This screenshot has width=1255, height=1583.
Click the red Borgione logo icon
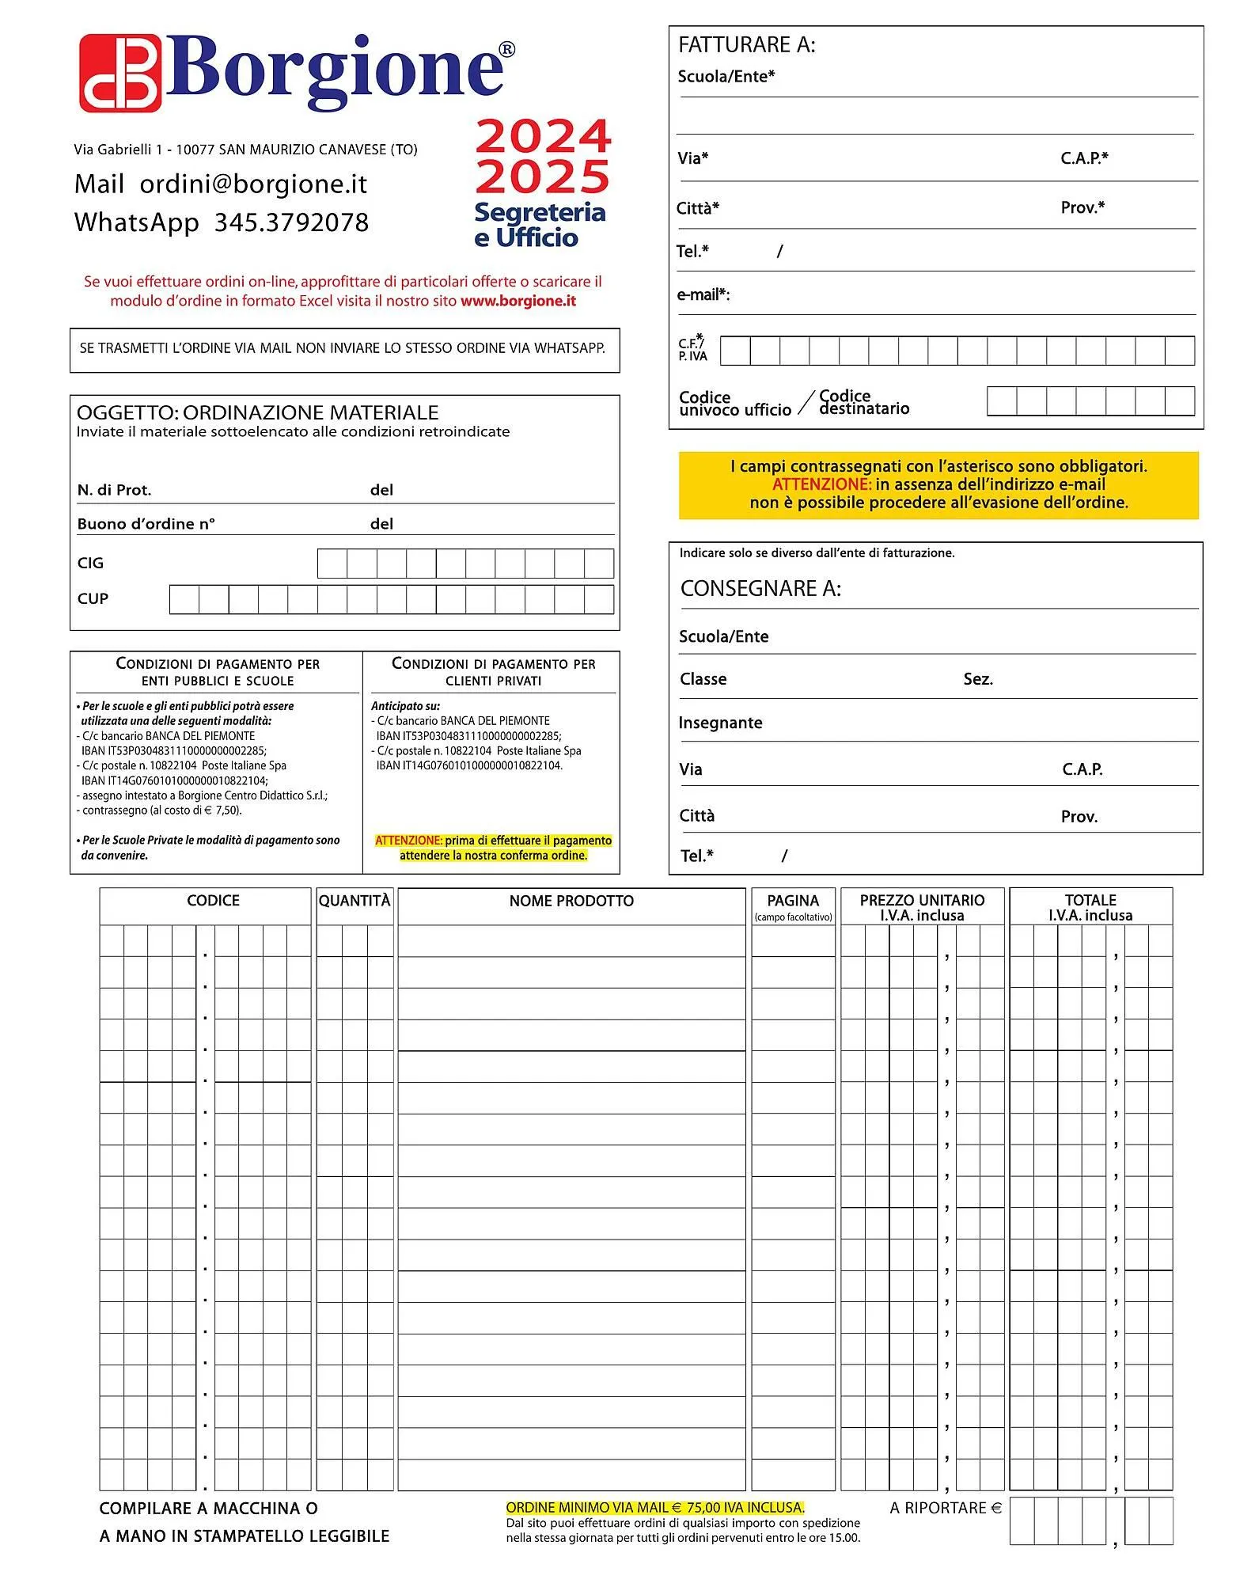coord(120,73)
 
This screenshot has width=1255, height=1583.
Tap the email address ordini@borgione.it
coord(253,184)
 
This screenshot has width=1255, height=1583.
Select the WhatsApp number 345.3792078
coord(291,222)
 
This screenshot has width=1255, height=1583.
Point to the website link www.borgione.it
coord(518,301)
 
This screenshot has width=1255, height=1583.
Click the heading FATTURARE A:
coord(746,45)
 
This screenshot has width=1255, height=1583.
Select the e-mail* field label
coord(703,295)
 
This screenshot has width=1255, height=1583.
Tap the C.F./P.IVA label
coord(692,349)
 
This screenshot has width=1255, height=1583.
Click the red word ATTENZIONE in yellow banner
coord(821,484)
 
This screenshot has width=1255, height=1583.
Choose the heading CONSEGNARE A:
coord(760,588)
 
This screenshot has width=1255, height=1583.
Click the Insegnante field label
coord(720,723)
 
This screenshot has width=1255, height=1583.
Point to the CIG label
coord(90,563)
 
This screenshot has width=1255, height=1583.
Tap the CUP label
coord(93,598)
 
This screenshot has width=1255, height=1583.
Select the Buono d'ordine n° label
coord(146,524)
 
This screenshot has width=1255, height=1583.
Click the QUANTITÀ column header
coord(355,901)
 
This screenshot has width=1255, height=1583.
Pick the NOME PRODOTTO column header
coord(571,901)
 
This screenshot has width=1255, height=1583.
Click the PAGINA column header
coord(793,901)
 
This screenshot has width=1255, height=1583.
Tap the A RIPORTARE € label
coord(946,1508)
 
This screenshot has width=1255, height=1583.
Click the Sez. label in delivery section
coord(978,679)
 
